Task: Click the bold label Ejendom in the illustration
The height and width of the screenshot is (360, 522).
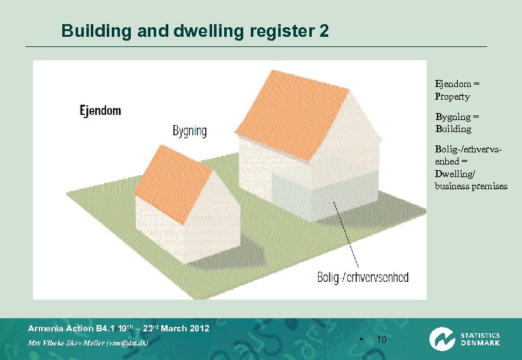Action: click(100, 110)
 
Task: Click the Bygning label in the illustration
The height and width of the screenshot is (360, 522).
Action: click(189, 131)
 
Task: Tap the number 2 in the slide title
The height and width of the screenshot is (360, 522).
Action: click(324, 30)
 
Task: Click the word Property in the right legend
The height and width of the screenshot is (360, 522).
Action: click(452, 97)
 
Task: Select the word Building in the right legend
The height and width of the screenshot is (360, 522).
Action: click(453, 129)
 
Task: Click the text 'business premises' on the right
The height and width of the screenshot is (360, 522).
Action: click(471, 186)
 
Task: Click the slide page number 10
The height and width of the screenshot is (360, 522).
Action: click(382, 340)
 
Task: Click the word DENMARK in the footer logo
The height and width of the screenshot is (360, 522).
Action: click(480, 343)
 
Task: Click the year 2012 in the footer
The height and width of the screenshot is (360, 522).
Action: click(199, 328)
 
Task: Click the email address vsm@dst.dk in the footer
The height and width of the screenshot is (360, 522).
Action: click(126, 343)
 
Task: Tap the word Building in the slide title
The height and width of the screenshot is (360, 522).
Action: click(88, 30)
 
